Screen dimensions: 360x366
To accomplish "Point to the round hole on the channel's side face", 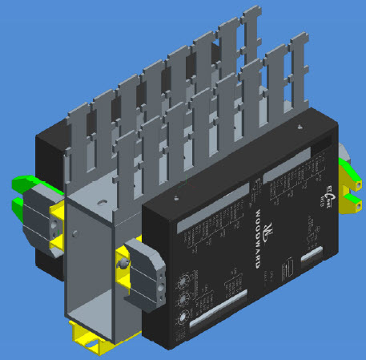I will [74, 233].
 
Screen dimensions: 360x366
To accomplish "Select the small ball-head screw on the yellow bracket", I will [123, 263].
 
